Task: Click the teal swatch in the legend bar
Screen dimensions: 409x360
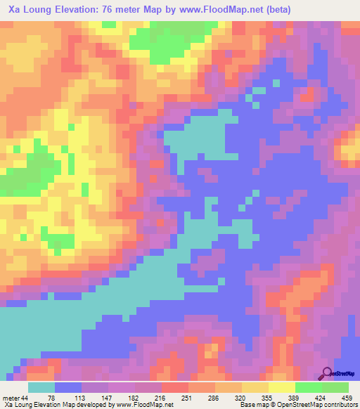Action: coord(41,387)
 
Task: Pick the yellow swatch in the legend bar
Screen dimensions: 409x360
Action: coord(282,387)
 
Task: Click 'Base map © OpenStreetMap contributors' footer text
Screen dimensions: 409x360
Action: coord(297,404)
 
